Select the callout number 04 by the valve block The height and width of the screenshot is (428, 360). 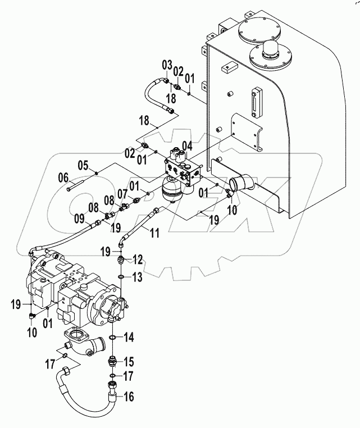(186, 146)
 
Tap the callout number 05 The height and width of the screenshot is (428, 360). (83, 165)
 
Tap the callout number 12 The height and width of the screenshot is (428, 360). (138, 259)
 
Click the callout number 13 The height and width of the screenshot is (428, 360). (138, 277)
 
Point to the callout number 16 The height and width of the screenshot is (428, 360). (129, 397)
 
